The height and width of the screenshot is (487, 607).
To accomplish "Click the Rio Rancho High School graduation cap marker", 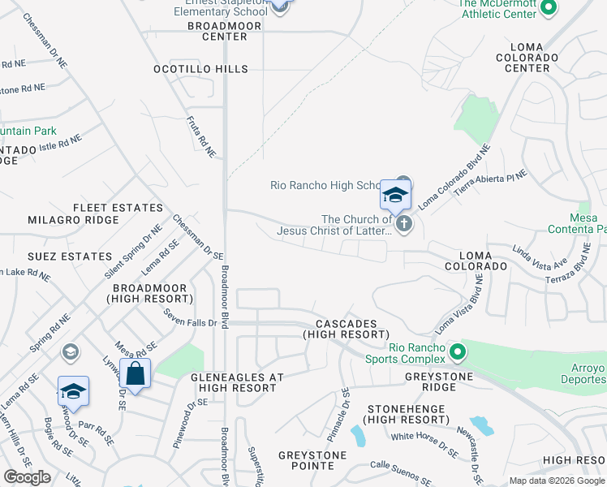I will tap(394, 196).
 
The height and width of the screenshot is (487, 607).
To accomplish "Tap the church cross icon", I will tap(404, 225).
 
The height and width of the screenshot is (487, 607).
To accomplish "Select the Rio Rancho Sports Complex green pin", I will tap(458, 353).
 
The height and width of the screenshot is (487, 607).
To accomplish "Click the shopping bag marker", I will tap(135, 374).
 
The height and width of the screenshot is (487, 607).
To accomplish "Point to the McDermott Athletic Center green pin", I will tap(548, 8).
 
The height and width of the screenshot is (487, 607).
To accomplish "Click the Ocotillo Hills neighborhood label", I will tap(200, 69).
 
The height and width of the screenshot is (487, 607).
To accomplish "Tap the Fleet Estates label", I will tap(118, 208).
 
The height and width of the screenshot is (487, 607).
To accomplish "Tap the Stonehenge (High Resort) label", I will tap(407, 414).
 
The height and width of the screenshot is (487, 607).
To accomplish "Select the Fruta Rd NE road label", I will tap(200, 136).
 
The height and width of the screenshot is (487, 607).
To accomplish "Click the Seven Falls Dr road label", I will tap(191, 317).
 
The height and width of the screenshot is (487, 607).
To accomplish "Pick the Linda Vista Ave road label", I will tap(539, 258).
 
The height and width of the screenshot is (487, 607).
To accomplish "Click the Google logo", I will tap(27, 477).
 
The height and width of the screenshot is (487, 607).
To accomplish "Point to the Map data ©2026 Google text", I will tap(557, 481).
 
